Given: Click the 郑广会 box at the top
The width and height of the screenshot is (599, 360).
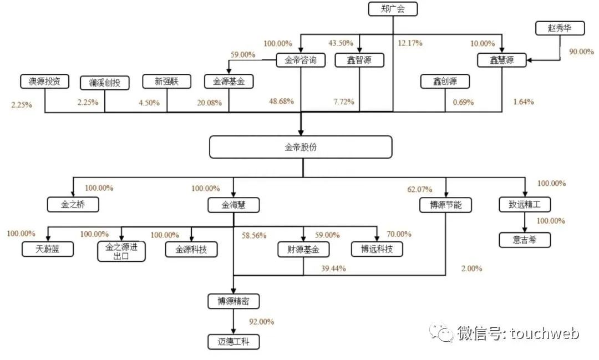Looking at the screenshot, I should (393, 9).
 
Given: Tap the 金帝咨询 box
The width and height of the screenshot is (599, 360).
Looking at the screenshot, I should (300, 60).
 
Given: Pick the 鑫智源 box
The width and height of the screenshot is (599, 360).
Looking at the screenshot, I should (358, 60).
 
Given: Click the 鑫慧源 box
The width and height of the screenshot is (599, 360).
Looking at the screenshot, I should (502, 60).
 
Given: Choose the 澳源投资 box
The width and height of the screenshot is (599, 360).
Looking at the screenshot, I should (44, 82).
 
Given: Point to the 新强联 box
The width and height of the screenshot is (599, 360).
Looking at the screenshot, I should (166, 82).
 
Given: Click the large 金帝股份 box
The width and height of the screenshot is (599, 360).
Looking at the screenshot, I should (301, 147).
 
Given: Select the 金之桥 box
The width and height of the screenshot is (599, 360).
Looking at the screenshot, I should (73, 205).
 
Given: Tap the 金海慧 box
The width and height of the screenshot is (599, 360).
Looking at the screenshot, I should (233, 205).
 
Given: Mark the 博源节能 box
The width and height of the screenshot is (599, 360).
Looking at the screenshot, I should (446, 205).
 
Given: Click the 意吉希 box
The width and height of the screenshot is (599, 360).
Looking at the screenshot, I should (524, 240).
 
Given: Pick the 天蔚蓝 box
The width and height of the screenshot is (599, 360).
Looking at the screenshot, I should (48, 250).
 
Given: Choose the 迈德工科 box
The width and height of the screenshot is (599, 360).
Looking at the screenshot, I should (233, 341).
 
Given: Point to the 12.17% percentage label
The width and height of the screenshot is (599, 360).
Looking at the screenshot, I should (410, 43).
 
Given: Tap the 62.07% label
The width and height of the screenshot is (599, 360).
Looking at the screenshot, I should (420, 189).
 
